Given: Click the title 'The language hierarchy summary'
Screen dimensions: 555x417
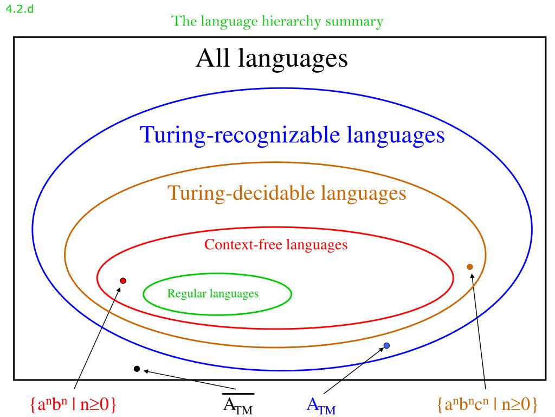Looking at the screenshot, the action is click(277, 22).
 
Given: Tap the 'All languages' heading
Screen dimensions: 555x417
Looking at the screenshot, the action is click(272, 58).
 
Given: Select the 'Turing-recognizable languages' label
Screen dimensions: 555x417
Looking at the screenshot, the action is click(293, 135).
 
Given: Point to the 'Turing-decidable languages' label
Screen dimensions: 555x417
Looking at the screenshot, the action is click(287, 193).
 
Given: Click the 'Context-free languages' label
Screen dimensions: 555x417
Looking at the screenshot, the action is click(276, 245).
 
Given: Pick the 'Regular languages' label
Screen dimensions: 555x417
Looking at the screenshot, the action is click(213, 294).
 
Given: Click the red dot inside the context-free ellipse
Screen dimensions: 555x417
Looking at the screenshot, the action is click(123, 281).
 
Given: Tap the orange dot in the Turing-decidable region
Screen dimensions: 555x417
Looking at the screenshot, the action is click(470, 267).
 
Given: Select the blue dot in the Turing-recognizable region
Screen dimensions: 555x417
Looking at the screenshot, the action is click(386, 345).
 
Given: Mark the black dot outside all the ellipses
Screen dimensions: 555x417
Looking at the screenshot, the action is click(137, 369).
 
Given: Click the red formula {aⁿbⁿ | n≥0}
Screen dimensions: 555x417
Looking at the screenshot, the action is click(74, 405).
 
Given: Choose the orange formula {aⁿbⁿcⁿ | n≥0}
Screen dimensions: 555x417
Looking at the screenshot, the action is click(487, 405).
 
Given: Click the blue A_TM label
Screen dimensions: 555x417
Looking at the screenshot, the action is click(321, 405).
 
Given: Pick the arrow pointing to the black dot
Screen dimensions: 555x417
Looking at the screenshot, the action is click(190, 380).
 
